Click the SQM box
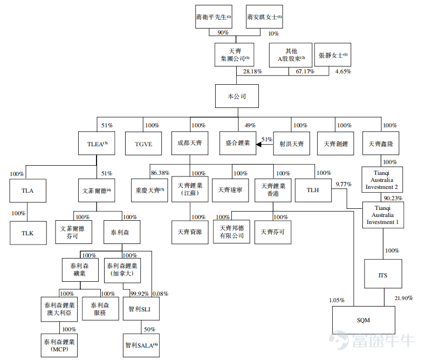pyautogui.click(x=363, y=320)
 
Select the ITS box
pyautogui.click(x=383, y=274)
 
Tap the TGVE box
pyautogui.click(x=143, y=144)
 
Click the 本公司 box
pyautogui.click(x=237, y=96)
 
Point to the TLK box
pyautogui.click(x=28, y=233)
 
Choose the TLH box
pyautogui.click(x=313, y=191)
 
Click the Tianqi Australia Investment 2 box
pyautogui.click(x=382, y=180)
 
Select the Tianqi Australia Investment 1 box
pyautogui.click(x=383, y=215)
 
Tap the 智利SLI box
pyautogui.click(x=141, y=309)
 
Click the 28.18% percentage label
pyautogui.click(x=252, y=71)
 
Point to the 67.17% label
pyautogui.click(x=305, y=71)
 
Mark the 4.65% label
pyautogui.click(x=343, y=71)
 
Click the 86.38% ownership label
pyautogui.click(x=160, y=173)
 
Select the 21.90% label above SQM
pyautogui.click(x=404, y=298)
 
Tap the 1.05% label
pyautogui.click(x=336, y=300)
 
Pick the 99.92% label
pyautogui.click(x=139, y=294)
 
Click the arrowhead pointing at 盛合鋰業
pyautogui.click(x=259, y=145)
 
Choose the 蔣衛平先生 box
pyautogui.click(x=214, y=17)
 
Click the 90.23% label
pyautogui.click(x=393, y=198)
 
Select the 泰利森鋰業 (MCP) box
pyautogui.click(x=59, y=345)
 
